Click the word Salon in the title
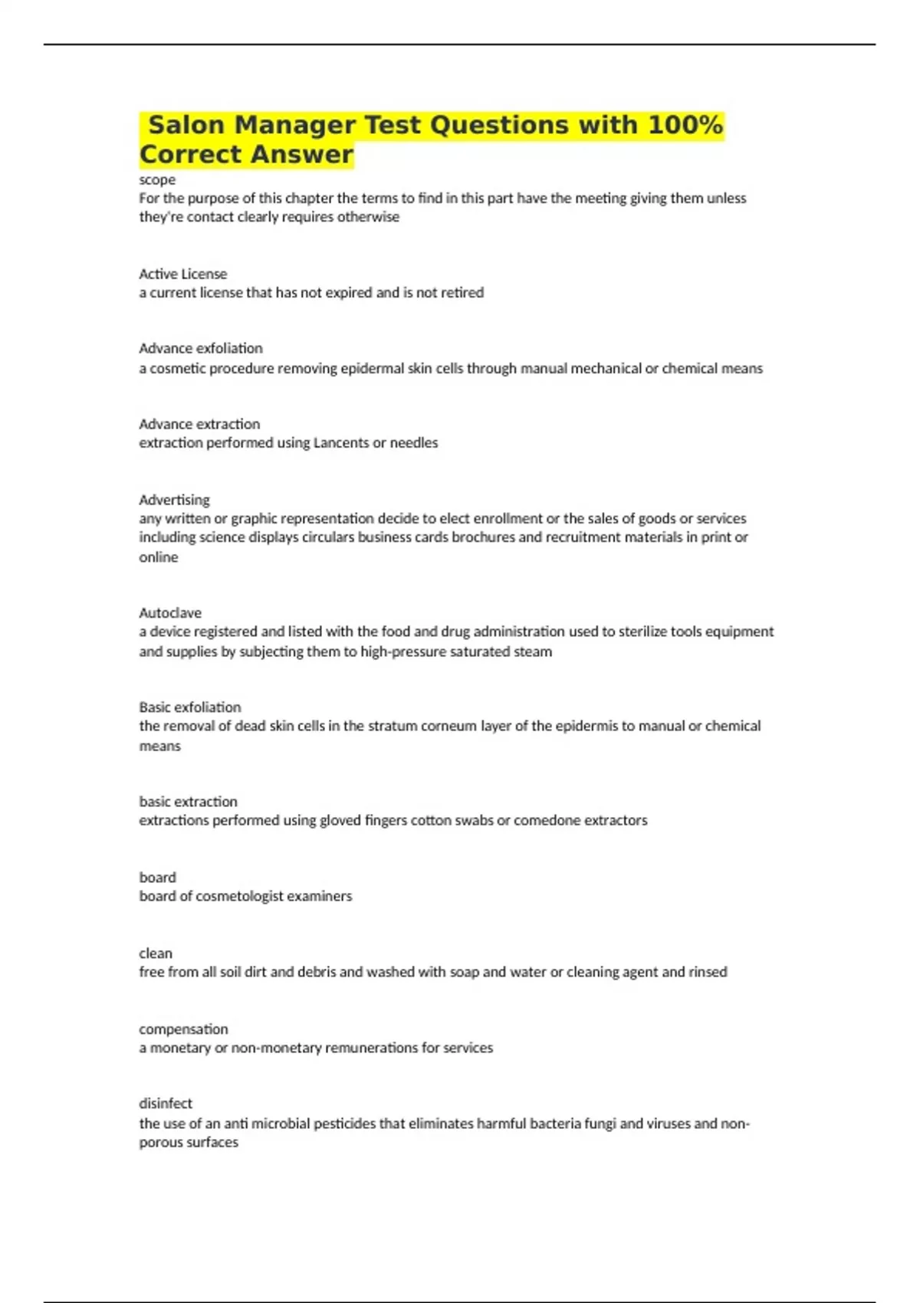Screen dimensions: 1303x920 pyautogui.click(x=186, y=125)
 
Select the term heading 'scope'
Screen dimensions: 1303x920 pyautogui.click(x=157, y=180)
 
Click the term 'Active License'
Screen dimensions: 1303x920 pyautogui.click(x=182, y=274)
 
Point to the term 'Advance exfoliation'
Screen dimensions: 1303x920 pyautogui.click(x=200, y=348)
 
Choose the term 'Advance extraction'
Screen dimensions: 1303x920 pyautogui.click(x=199, y=424)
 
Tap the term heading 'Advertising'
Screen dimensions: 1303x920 pyautogui.click(x=174, y=500)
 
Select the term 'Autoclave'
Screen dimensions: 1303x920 pyautogui.click(x=170, y=613)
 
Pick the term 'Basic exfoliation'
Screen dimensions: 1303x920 pyautogui.click(x=189, y=707)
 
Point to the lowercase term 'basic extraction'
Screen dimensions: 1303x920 pyautogui.click(x=188, y=802)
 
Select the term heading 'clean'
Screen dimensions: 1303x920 pyautogui.click(x=156, y=953)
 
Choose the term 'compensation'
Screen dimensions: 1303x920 pyautogui.click(x=183, y=1029)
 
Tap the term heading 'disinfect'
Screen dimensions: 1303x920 pyautogui.click(x=166, y=1104)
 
